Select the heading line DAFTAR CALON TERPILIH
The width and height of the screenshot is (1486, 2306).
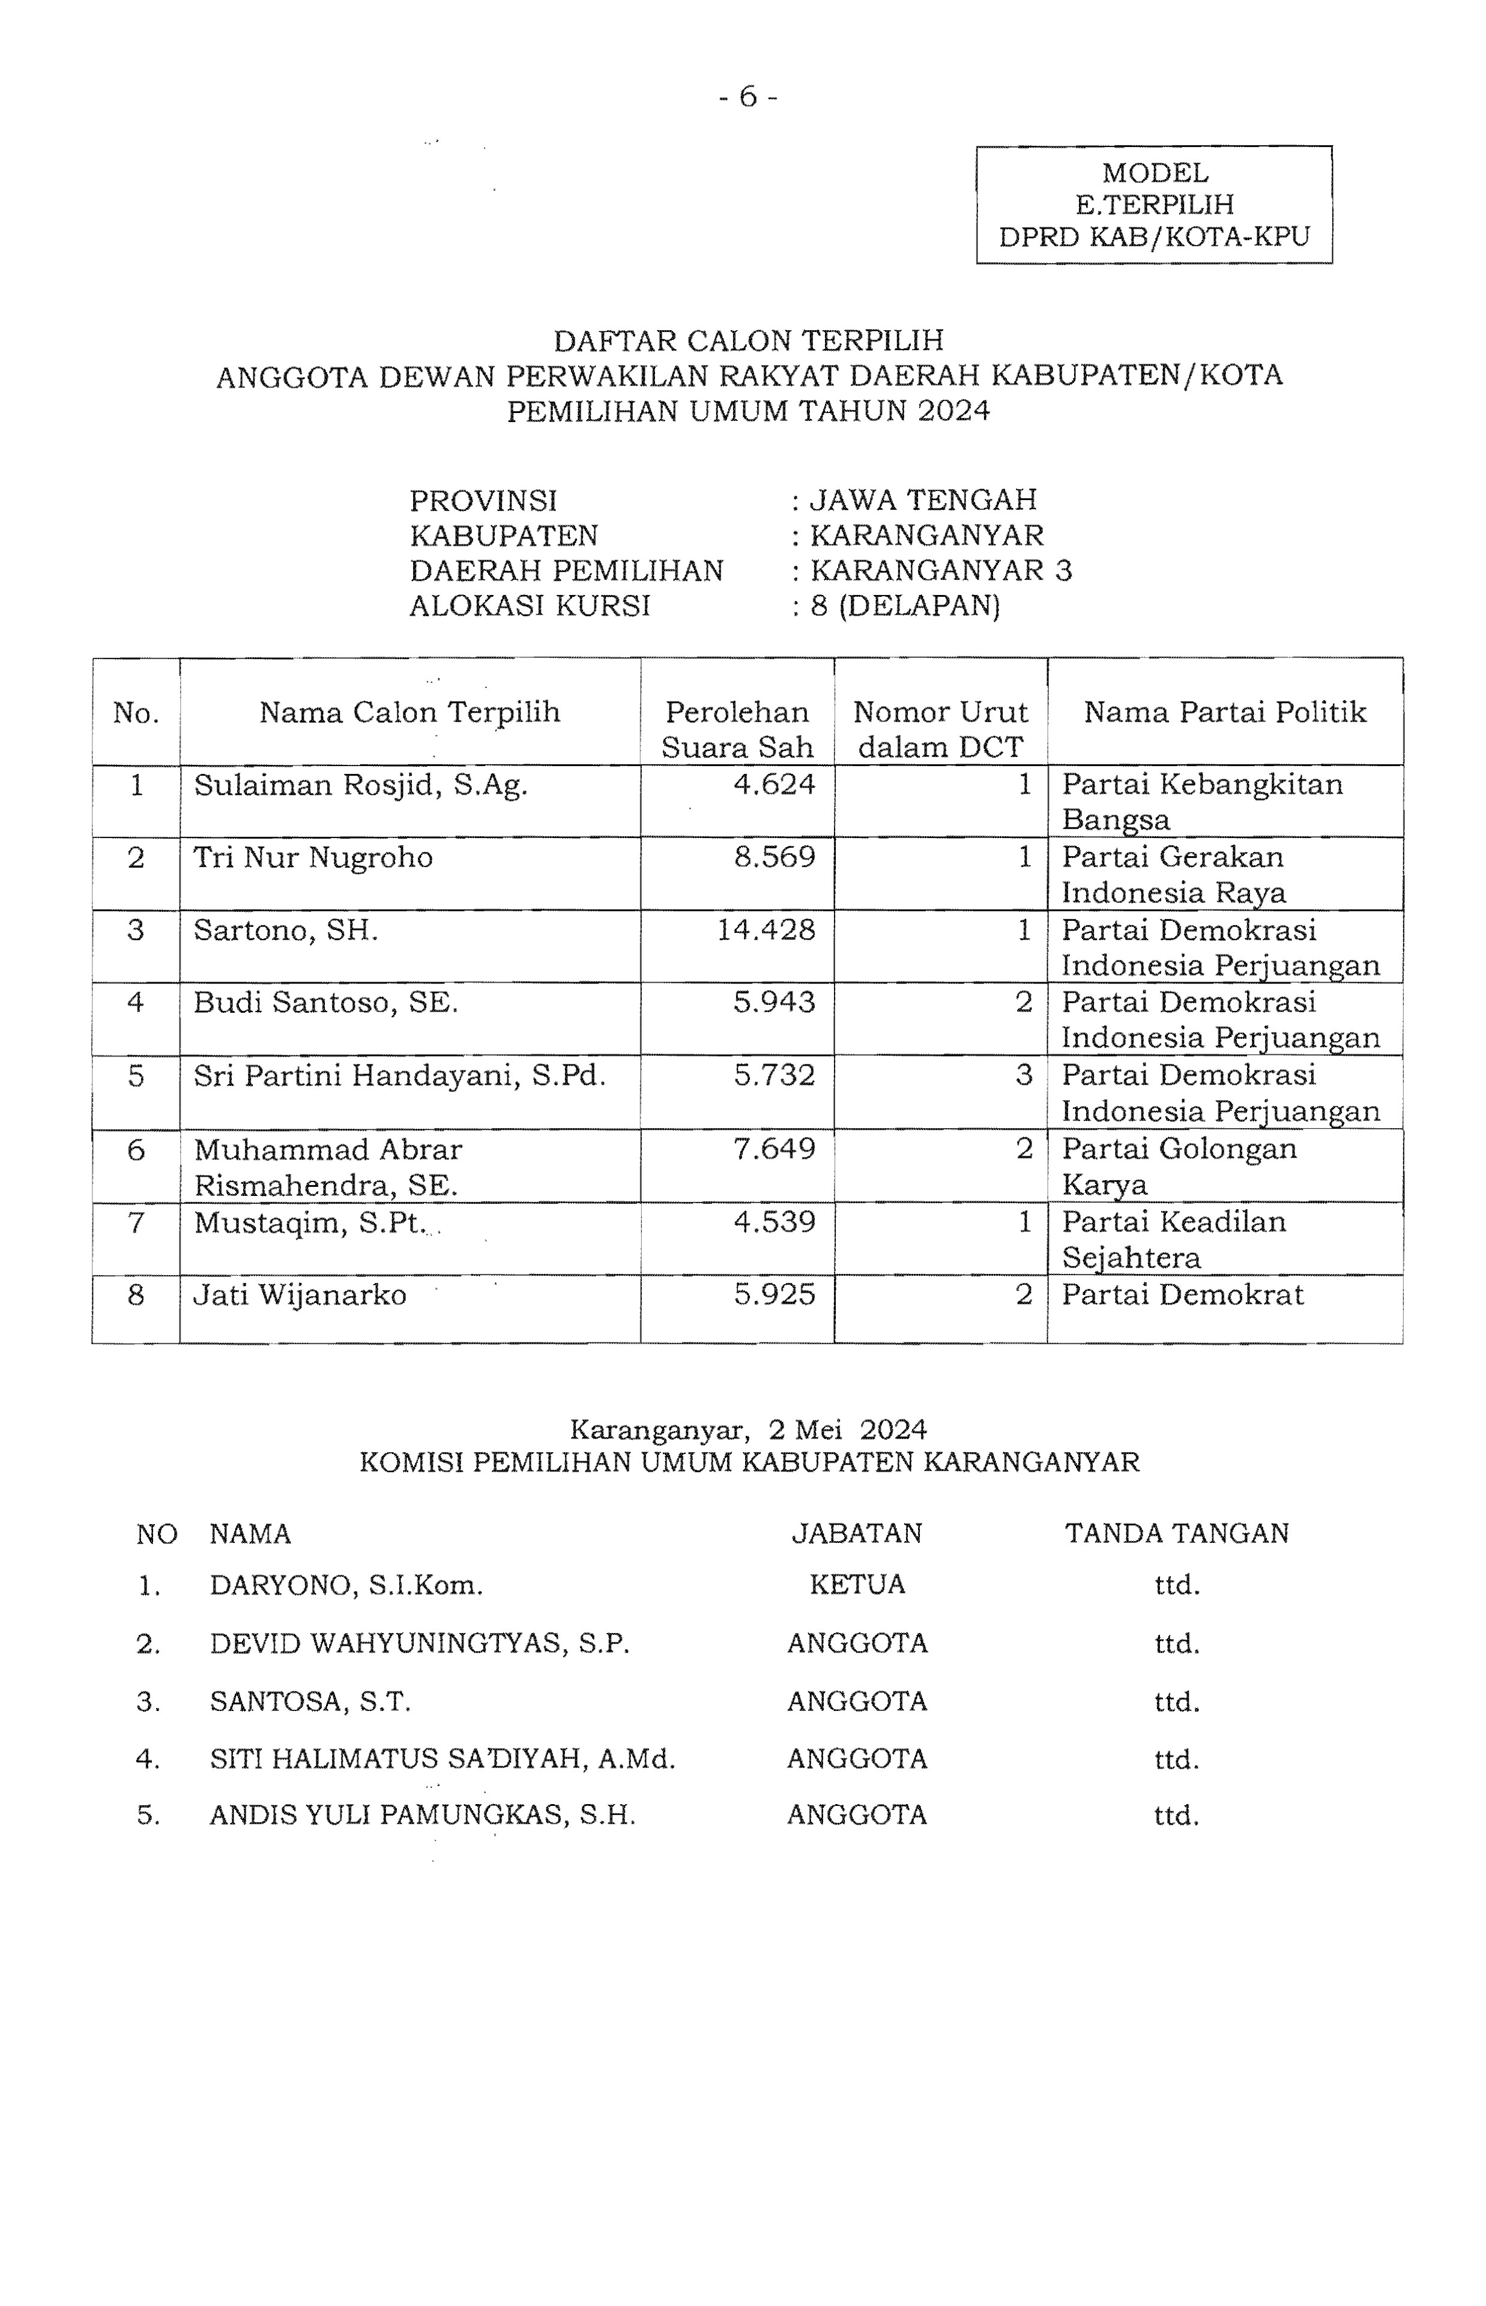click(748, 340)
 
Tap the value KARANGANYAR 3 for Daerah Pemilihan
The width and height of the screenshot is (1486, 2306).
click(941, 570)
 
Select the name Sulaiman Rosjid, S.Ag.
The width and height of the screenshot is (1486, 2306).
click(361, 785)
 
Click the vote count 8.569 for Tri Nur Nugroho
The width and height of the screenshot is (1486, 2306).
click(775, 857)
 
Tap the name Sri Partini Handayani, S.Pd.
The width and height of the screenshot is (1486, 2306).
click(399, 1075)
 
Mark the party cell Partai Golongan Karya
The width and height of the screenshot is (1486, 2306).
click(1179, 1165)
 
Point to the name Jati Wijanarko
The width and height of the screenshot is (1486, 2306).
click(300, 1295)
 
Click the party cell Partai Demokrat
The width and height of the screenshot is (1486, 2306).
click(1182, 1295)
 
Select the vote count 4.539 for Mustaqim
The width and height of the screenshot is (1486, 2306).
click(775, 1222)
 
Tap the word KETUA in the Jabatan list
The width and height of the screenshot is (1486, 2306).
click(857, 1584)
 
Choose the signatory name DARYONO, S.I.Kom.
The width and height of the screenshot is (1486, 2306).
click(345, 1585)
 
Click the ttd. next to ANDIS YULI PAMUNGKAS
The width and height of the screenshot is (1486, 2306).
click(1176, 1816)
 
